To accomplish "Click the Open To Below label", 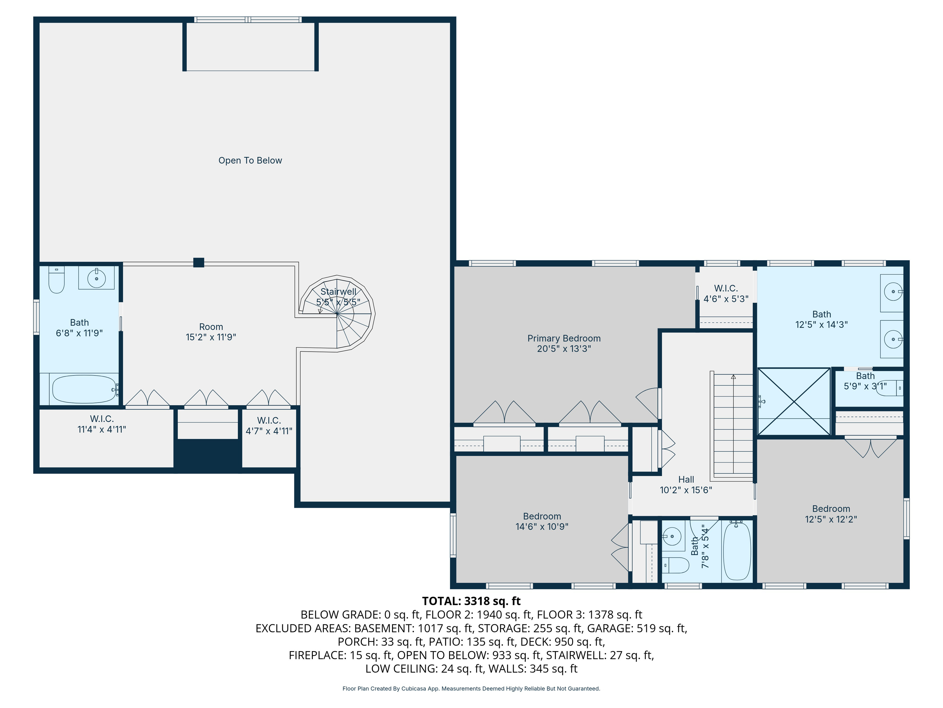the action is (x=250, y=160).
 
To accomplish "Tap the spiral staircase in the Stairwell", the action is (x=337, y=313).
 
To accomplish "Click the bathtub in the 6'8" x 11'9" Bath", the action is (x=84, y=389).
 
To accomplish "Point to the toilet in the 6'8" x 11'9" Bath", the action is (x=56, y=280).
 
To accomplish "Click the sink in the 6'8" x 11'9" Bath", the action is (x=96, y=278).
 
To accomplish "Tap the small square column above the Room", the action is (x=199, y=262).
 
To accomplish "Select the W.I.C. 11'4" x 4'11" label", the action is (x=102, y=424).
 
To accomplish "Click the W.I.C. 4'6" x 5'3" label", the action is (x=726, y=293).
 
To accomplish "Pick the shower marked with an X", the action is (x=794, y=402).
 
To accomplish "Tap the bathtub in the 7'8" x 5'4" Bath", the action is (x=737, y=551).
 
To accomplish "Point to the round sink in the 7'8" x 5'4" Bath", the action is (x=672, y=536).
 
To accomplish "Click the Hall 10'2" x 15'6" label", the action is (x=686, y=485).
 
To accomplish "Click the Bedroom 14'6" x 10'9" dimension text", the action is (x=542, y=527).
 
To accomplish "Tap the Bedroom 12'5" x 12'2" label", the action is (x=831, y=514).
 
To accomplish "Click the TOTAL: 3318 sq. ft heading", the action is (x=471, y=601).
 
